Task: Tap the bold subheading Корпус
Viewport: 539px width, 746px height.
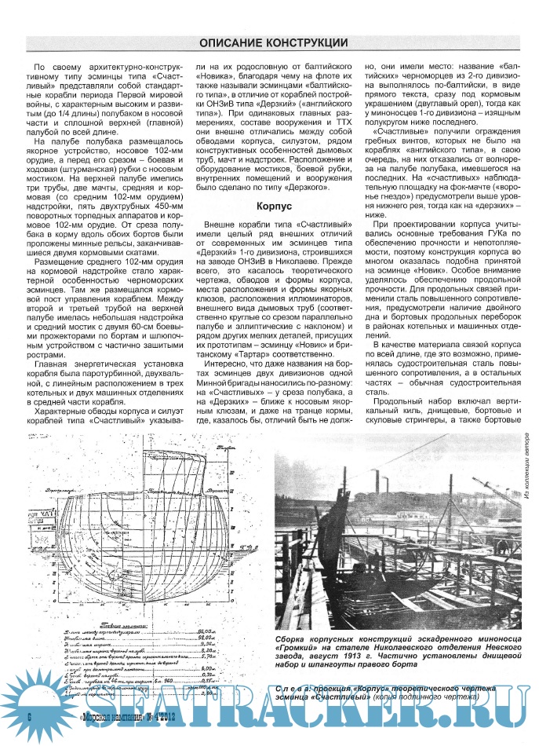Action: (274, 206)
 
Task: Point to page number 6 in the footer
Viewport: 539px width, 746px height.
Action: (27, 717)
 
